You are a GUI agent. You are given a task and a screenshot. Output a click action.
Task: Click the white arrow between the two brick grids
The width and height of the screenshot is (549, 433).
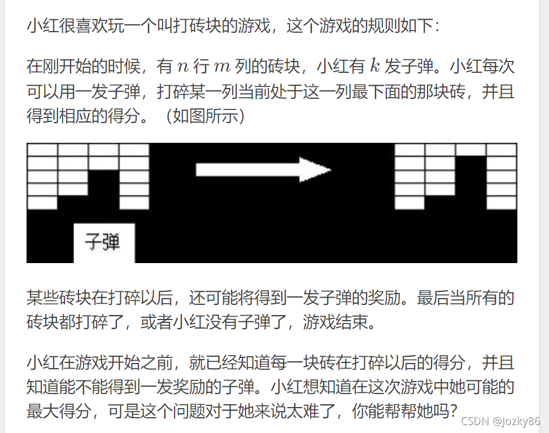(263, 169)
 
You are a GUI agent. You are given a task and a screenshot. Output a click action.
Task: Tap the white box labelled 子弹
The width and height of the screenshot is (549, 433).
(104, 243)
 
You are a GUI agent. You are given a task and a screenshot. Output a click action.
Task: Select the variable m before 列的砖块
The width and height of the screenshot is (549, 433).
(224, 67)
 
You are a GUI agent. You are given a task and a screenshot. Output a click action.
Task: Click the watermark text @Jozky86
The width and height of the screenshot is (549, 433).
(516, 421)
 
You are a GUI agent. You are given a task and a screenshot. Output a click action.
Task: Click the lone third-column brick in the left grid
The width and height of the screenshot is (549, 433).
(104, 150)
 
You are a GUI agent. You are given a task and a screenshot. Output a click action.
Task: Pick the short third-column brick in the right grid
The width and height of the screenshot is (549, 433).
(470, 150)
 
